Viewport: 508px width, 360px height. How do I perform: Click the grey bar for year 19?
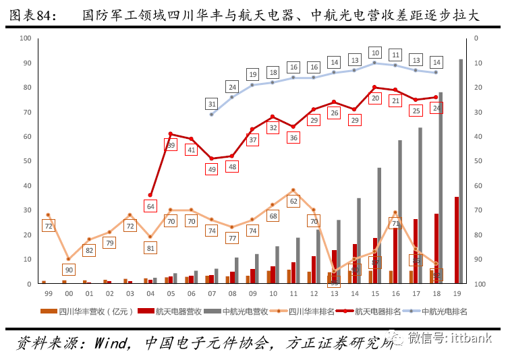point(461,172)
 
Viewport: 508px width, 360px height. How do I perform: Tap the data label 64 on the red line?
point(150,206)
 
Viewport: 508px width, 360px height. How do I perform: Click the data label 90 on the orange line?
point(68,270)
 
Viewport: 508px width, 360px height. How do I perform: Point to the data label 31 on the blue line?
point(212,104)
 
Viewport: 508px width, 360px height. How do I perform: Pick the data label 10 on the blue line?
point(375,52)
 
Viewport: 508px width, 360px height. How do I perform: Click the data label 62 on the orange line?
point(293,201)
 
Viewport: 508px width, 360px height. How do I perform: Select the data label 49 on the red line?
point(212,170)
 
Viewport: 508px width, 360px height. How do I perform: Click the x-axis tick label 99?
point(48,294)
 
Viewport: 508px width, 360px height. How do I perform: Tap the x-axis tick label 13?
point(334,294)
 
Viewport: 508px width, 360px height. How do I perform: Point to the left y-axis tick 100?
point(26,38)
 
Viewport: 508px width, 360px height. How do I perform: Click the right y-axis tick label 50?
point(476,161)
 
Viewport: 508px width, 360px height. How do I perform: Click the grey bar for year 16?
point(399,212)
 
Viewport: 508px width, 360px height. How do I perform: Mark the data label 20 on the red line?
point(375,98)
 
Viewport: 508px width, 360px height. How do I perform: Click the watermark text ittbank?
point(472,337)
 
